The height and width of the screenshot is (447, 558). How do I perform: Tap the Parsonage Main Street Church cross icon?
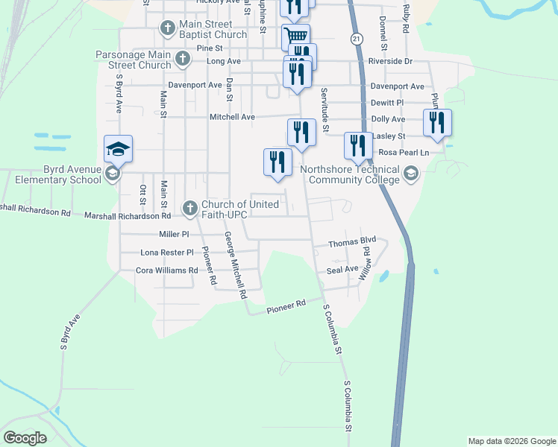click(182, 57)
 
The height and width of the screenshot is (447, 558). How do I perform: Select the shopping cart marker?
click(296, 36)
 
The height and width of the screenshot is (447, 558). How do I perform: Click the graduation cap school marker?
click(119, 149)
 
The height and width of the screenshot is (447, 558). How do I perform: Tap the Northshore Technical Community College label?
click(351, 174)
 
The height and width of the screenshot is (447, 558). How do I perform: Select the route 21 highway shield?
click(357, 38)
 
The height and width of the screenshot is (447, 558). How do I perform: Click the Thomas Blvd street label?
click(352, 243)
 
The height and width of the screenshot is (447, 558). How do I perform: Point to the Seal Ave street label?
click(342, 270)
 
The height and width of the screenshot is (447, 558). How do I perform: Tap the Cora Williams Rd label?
click(168, 270)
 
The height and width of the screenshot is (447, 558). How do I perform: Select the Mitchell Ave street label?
click(232, 117)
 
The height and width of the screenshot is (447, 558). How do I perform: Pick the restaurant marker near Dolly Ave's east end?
click(436, 122)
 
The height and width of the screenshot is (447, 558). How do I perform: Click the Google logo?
click(25, 437)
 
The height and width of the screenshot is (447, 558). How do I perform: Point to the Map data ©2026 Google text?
click(512, 441)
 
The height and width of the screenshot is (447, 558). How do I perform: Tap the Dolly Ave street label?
click(387, 119)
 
